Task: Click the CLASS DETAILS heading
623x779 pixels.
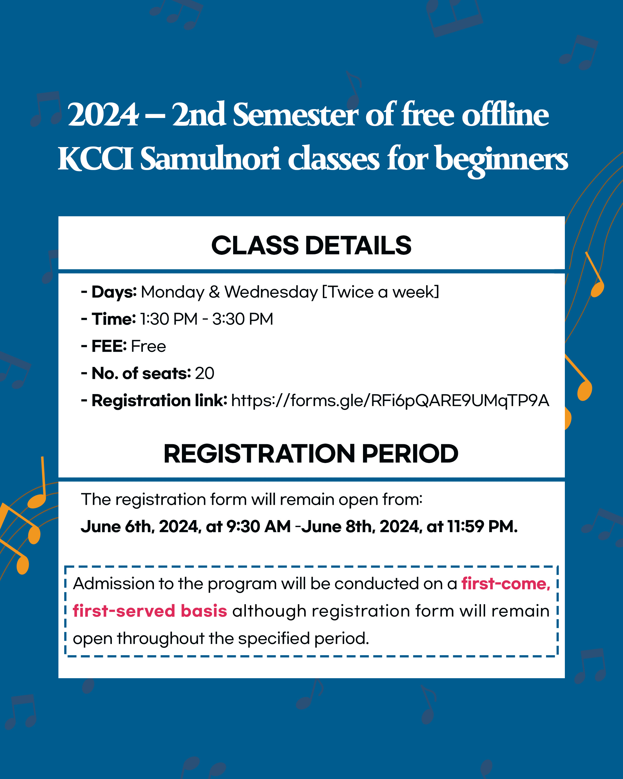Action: coord(311,245)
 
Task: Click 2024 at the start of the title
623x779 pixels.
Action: coord(103,115)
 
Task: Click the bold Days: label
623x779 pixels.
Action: coord(114,292)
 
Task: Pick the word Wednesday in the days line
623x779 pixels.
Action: coord(271,292)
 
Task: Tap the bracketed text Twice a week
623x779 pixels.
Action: coord(380,292)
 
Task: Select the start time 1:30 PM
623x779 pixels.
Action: coord(169,319)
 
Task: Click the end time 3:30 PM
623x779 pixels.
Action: coord(243,319)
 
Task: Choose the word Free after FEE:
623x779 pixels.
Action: coord(148,346)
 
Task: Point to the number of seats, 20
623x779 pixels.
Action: coord(205,373)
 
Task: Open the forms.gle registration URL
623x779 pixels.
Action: coord(390,401)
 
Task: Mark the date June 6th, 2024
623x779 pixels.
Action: coord(141,527)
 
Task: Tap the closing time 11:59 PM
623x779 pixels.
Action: coord(482,527)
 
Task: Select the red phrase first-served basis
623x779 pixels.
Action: coord(150,611)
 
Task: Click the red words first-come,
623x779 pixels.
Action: coord(506,583)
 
